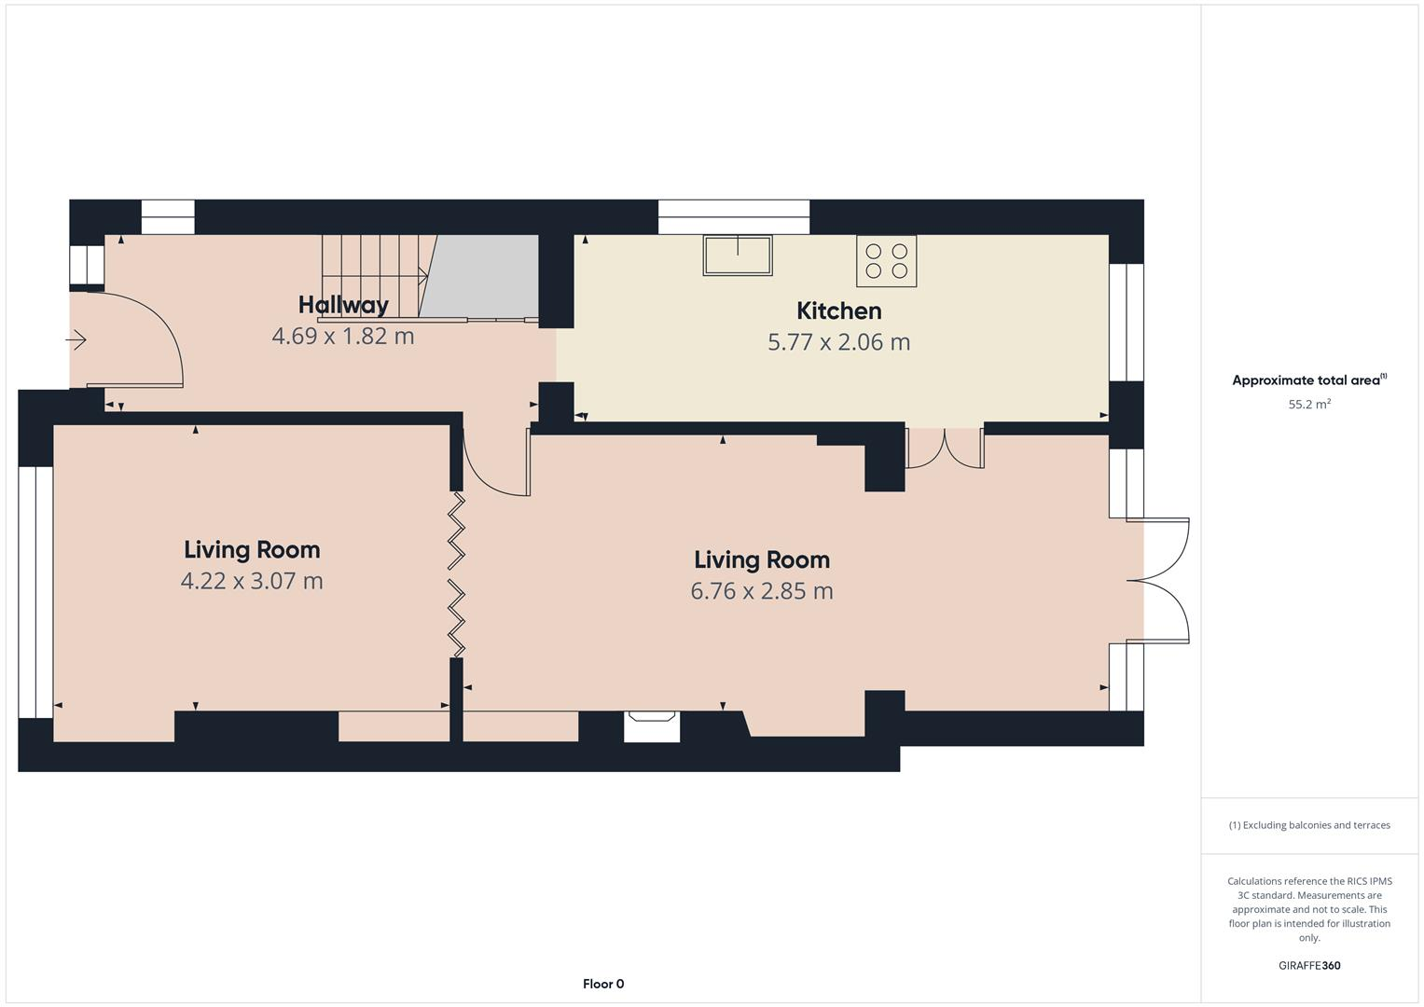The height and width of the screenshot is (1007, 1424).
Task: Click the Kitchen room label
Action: [838, 310]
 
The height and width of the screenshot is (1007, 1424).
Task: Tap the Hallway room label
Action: [343, 305]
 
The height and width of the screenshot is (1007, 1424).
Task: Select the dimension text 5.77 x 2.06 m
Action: [838, 342]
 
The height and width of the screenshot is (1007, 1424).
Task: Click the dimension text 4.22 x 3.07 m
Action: [252, 581]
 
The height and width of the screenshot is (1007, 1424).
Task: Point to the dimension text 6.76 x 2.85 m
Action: [762, 591]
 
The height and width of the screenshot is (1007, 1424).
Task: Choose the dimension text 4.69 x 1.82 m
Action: [343, 337]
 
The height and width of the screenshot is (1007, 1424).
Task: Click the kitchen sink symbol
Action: [738, 255]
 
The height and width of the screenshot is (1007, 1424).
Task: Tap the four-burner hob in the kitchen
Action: [886, 261]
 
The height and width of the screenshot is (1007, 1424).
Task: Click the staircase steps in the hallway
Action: [373, 275]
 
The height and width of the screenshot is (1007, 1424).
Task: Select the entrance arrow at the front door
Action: [76, 340]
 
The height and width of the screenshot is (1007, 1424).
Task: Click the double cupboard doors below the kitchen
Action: [945, 448]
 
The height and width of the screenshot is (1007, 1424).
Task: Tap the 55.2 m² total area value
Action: [1308, 405]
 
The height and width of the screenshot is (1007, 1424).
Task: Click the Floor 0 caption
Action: [603, 984]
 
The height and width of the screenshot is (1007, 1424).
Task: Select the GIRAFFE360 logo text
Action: [1308, 965]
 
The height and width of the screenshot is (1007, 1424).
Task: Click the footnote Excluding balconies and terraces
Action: [1308, 825]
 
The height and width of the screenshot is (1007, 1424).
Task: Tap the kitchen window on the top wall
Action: [734, 217]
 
